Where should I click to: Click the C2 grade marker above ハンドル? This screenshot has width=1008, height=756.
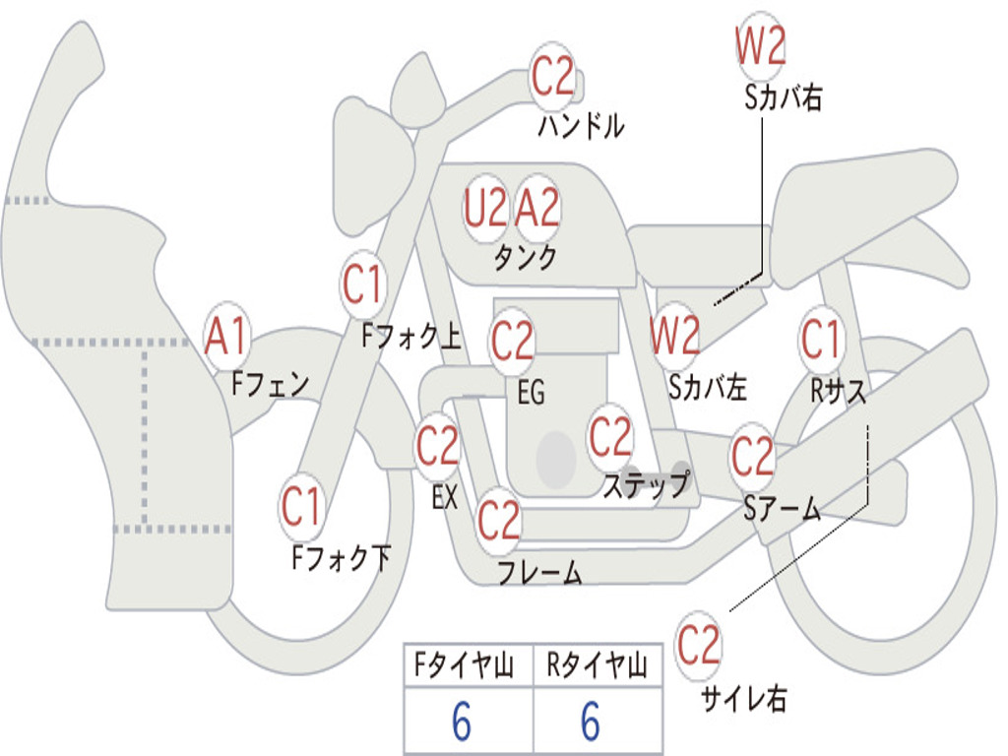coord(553,76)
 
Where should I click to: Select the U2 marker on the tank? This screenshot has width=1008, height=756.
coord(485,208)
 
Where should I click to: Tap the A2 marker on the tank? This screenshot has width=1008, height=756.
coord(537,208)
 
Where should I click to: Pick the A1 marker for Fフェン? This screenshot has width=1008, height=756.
coord(227,337)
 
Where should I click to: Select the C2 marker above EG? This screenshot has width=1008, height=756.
coord(512,342)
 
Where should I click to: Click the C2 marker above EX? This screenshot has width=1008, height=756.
coord(438,448)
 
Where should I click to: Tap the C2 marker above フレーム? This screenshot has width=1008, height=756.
coord(498,520)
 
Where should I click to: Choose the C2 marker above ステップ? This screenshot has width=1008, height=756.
coord(610,436)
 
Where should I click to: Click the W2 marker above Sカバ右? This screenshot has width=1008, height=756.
coord(760,47)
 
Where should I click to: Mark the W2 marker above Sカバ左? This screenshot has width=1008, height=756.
coord(676,338)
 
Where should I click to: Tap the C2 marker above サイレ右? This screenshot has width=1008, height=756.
coord(699,645)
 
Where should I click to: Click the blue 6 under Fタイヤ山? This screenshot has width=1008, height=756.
coord(462,723)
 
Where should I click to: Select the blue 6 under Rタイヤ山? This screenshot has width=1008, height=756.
coord(591,723)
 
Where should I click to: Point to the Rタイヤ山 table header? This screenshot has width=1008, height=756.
coord(597,667)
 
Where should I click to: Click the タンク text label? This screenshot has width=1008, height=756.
coord(525,258)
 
